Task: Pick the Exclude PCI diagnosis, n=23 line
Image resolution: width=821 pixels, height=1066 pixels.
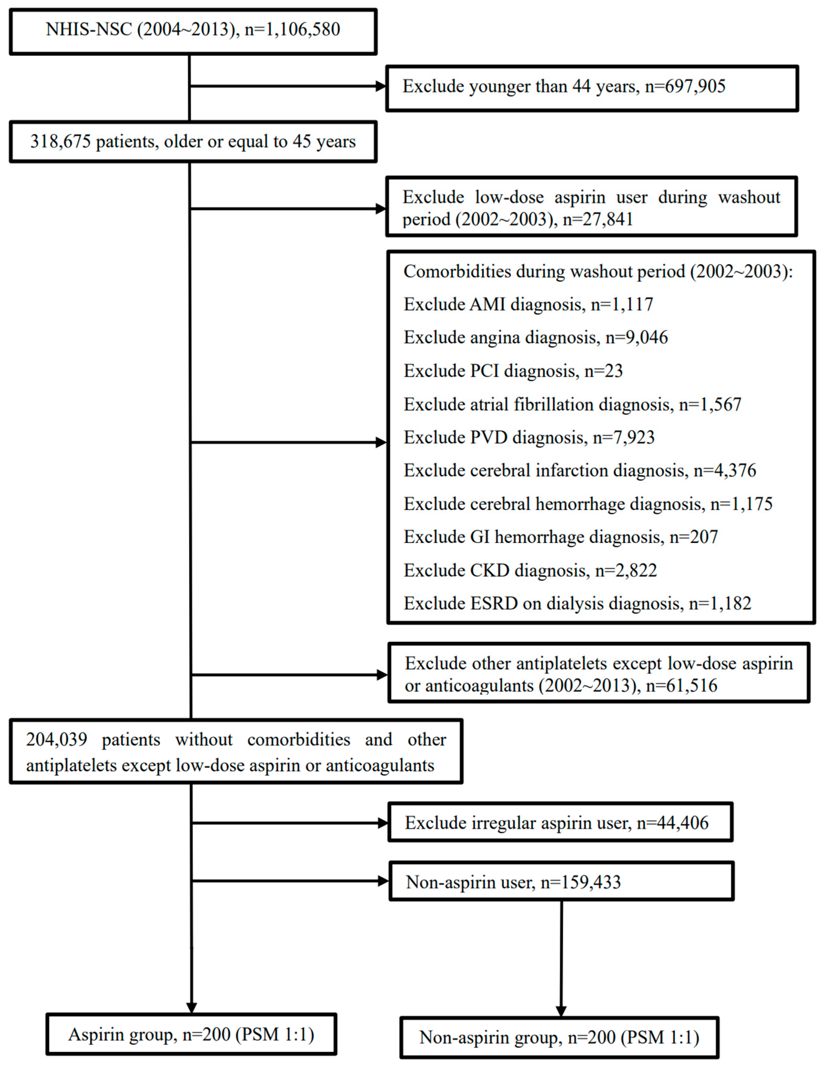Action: pyautogui.click(x=513, y=371)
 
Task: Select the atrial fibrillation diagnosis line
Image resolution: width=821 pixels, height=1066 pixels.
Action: pyautogui.click(x=572, y=404)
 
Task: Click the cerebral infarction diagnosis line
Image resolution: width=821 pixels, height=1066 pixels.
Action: pyautogui.click(x=580, y=470)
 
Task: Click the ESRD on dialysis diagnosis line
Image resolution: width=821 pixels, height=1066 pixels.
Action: pyautogui.click(x=577, y=604)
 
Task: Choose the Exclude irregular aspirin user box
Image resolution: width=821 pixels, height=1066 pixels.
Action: pyautogui.click(x=560, y=823)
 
